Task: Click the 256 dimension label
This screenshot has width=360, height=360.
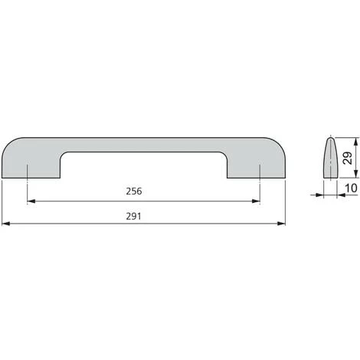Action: (134, 191)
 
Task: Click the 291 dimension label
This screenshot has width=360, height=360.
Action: (133, 216)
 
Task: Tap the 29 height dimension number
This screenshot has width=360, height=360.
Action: (348, 158)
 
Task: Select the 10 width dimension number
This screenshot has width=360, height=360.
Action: (351, 188)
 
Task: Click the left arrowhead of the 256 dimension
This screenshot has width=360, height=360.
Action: (31, 201)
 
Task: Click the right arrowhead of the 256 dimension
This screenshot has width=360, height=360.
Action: (256, 201)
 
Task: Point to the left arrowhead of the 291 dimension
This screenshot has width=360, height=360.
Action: (5, 224)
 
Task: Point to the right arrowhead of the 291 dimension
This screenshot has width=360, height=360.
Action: (281, 224)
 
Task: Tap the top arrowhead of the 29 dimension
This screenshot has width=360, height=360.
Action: (355, 142)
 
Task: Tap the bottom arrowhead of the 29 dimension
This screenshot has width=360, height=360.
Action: (355, 174)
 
